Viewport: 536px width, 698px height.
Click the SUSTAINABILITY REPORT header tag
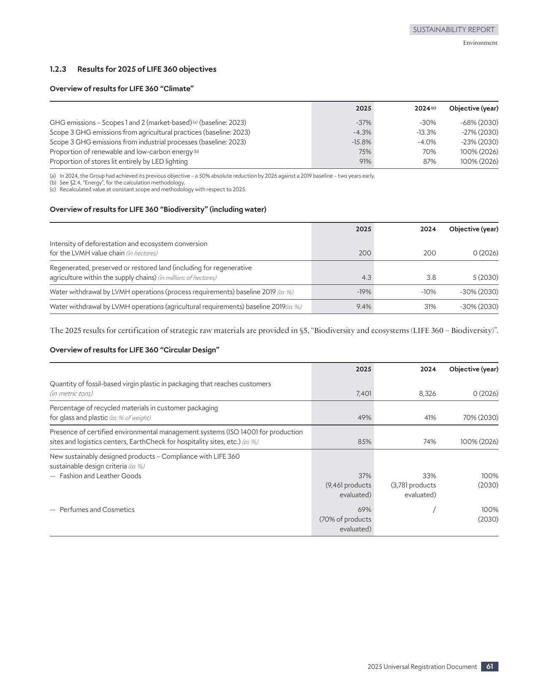tap(454, 30)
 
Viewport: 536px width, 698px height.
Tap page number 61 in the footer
tap(490, 666)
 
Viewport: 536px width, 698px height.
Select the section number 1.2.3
tap(58, 69)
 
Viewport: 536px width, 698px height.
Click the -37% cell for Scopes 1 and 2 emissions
tap(363, 123)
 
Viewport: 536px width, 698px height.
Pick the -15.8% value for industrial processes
tap(361, 142)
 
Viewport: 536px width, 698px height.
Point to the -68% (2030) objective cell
tap(479, 123)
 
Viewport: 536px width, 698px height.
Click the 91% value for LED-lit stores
tap(365, 162)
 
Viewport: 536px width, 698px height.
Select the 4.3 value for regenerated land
tap(366, 278)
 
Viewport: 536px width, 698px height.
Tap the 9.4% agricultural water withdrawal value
tap(363, 307)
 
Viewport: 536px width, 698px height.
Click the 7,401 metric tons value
tap(363, 394)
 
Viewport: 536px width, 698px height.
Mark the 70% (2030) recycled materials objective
tap(480, 418)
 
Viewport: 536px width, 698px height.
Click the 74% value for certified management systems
tap(429, 442)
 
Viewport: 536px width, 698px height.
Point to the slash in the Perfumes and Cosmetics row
tap(434, 510)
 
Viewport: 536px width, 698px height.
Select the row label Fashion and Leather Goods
tap(100, 476)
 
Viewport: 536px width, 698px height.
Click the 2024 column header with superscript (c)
tap(425, 108)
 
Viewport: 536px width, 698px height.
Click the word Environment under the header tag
tap(480, 43)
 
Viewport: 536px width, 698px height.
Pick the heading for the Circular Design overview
tap(135, 350)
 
